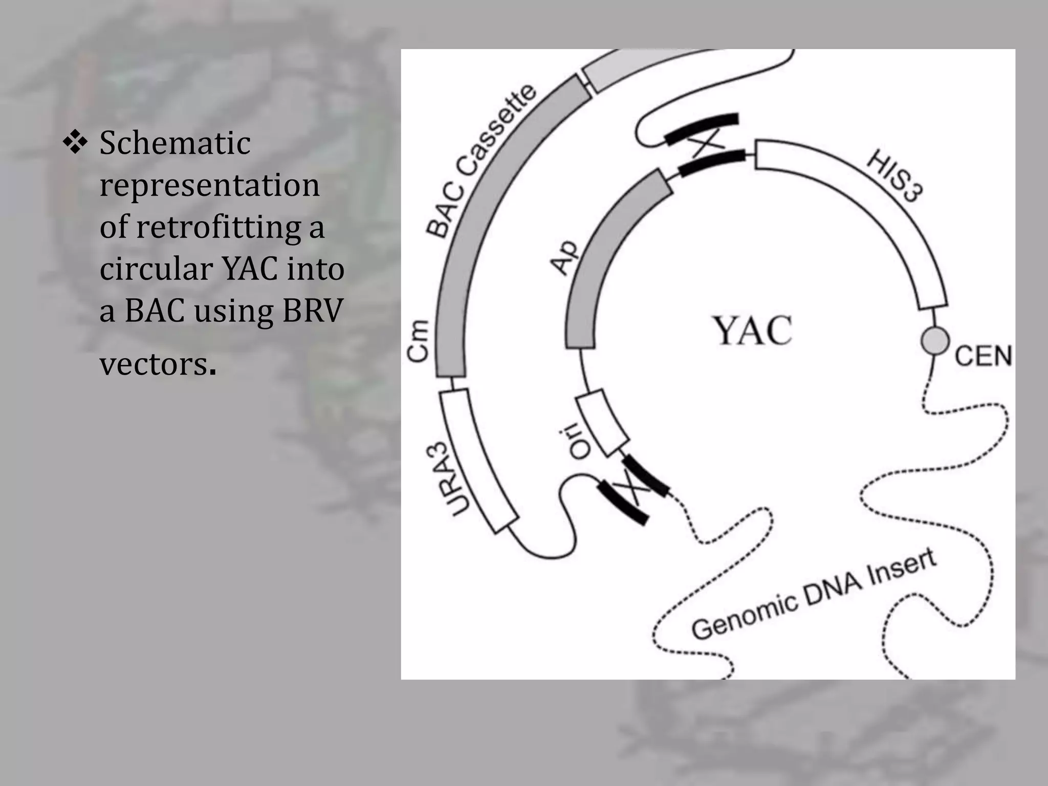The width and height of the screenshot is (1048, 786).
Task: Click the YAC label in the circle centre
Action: click(x=753, y=331)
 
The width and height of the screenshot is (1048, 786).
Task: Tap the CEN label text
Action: click(x=983, y=356)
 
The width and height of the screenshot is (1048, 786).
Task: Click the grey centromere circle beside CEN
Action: click(x=935, y=341)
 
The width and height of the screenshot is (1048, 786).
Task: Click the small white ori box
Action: click(x=602, y=423)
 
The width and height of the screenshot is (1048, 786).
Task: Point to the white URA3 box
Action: click(x=478, y=461)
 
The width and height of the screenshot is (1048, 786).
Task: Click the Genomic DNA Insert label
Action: click(x=814, y=595)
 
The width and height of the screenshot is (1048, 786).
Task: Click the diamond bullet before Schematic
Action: click(x=75, y=143)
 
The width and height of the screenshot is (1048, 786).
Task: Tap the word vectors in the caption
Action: click(x=154, y=364)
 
